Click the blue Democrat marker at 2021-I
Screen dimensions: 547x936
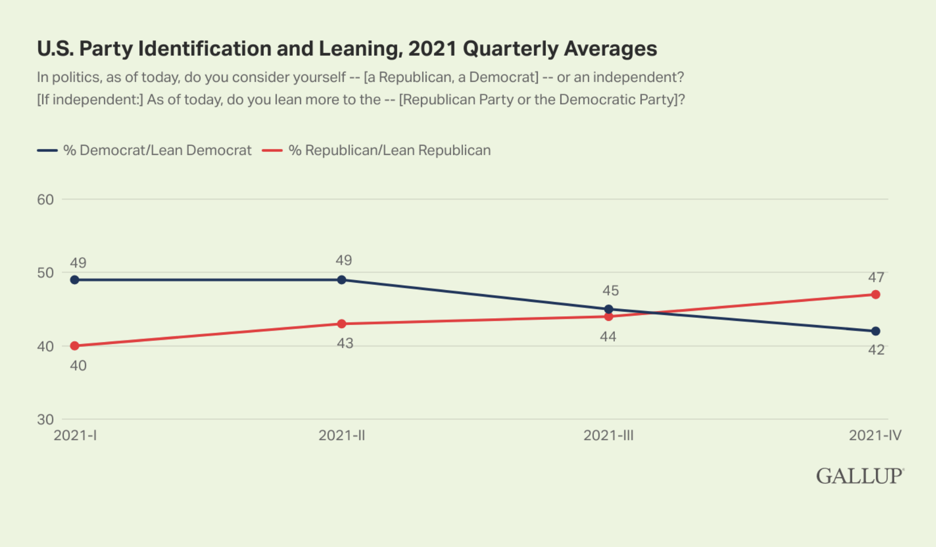75,280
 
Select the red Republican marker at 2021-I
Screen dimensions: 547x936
75,346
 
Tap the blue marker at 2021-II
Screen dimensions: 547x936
342,280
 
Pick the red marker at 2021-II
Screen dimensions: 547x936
342,324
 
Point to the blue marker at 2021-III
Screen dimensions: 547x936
609,310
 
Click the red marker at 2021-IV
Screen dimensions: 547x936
875,295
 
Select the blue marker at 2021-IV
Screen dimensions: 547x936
875,331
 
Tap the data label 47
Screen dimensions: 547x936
876,278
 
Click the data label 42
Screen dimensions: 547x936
876,350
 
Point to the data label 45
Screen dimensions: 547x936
610,291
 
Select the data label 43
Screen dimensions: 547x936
345,344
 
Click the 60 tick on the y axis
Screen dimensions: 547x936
45,200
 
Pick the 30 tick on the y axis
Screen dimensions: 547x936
45,419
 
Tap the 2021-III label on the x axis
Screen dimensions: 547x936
608,436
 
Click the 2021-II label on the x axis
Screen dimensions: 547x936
342,436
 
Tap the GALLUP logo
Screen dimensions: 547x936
859,476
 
